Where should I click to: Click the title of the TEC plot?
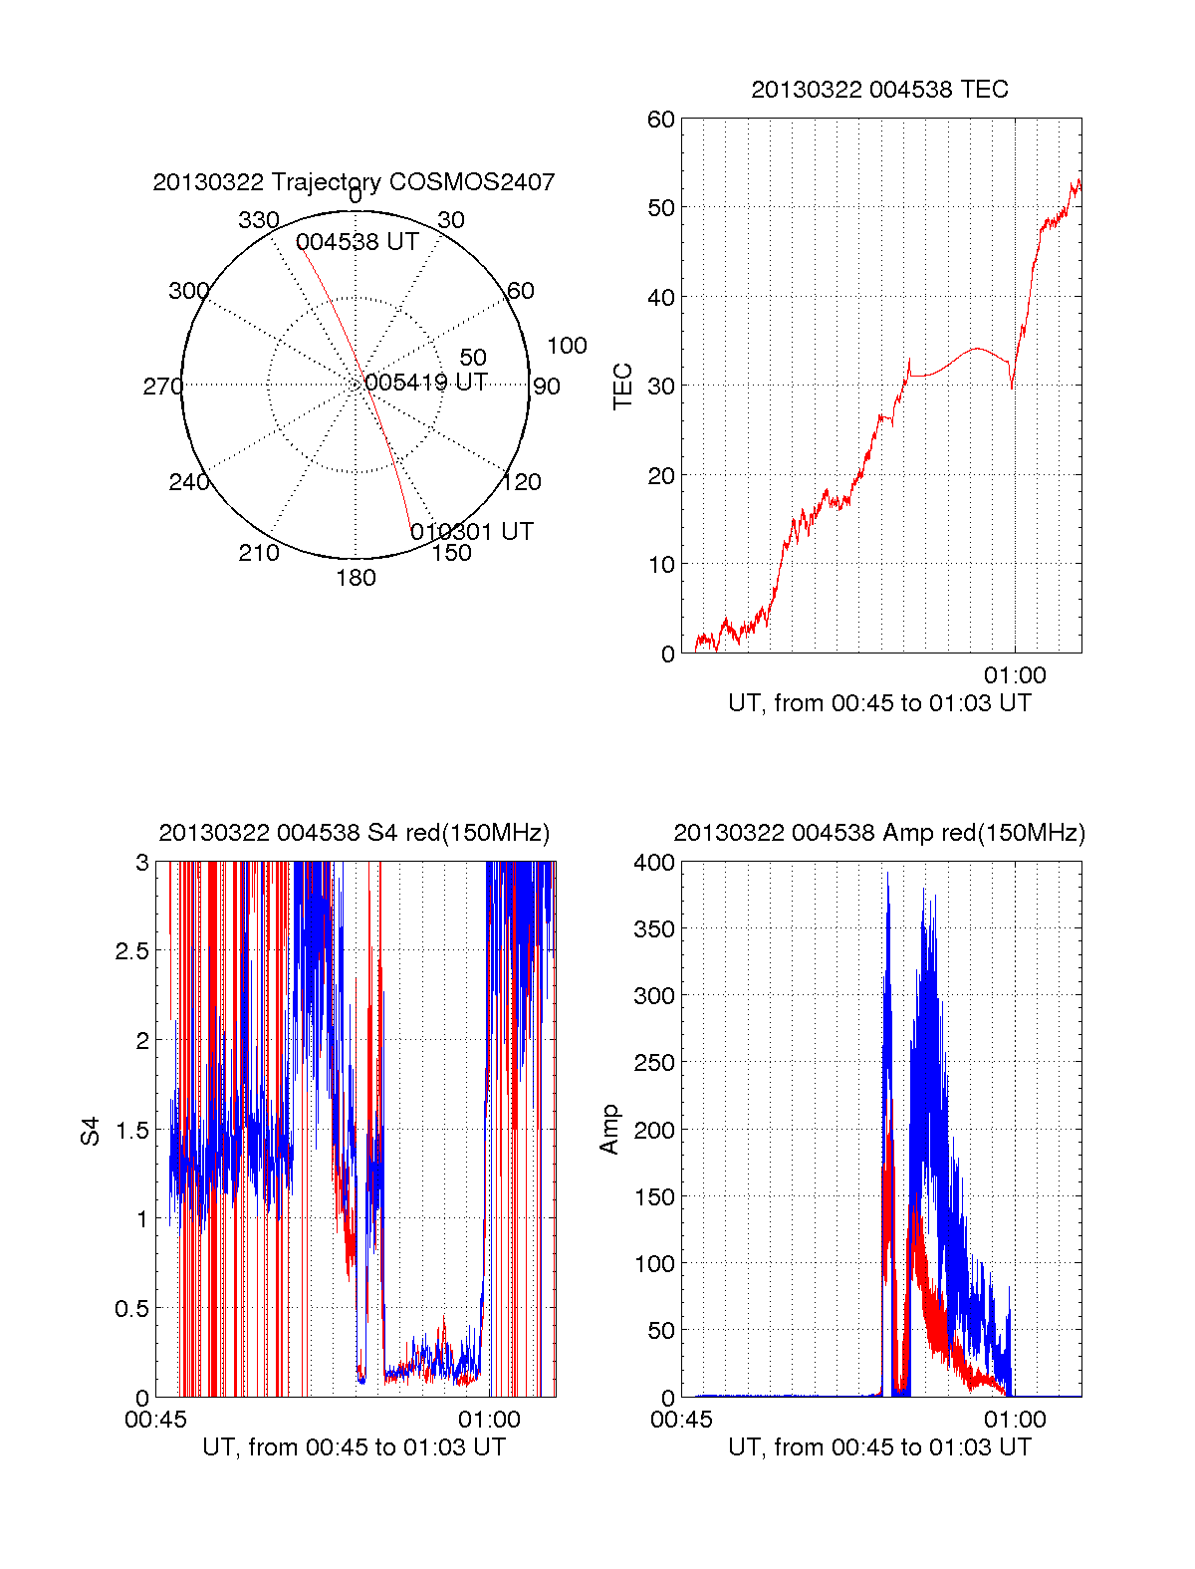pos(879,90)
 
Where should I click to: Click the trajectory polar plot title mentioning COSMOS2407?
pos(354,182)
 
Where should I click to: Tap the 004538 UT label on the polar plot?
pos(357,242)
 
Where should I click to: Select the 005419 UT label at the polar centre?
pos(425,383)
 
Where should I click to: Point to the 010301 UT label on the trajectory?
pos(471,532)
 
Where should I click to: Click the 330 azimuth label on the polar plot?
pos(258,220)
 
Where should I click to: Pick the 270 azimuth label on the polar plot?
pos(162,387)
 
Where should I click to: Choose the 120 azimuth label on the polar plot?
pos(522,482)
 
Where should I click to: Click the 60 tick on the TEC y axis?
pos(661,120)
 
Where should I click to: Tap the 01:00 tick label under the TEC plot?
pos(1015,675)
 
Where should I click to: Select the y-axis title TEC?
pos(623,387)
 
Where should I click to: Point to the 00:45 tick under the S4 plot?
pos(155,1420)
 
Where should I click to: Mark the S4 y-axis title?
pos(91,1131)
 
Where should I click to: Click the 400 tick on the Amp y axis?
pos(654,863)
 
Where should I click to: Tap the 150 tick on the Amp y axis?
pos(654,1196)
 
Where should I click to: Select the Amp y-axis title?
pos(609,1130)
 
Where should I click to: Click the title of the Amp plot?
pos(879,833)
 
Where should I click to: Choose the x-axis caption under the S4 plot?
pos(354,1447)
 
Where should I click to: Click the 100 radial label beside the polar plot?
pos(567,346)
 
